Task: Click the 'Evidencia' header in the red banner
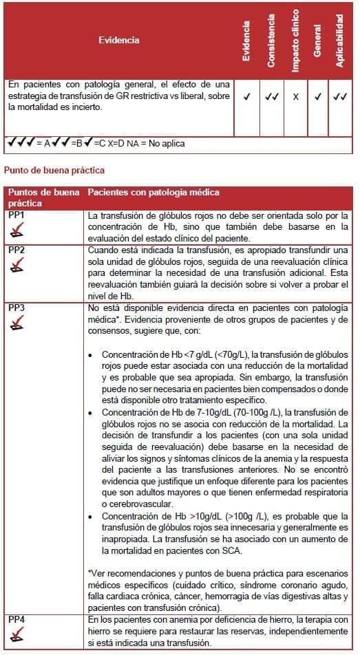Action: point(118,40)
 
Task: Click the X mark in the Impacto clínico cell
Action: point(295,97)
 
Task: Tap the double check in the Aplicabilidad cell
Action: point(339,97)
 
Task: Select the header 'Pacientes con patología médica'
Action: point(153,193)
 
